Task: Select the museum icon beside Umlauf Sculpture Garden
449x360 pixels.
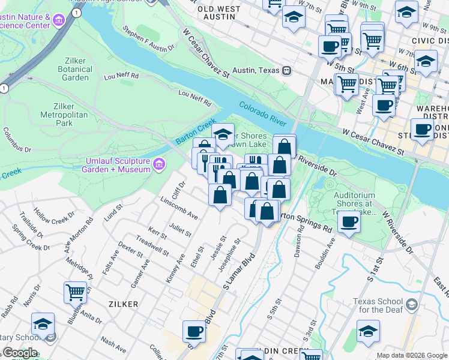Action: [159, 164]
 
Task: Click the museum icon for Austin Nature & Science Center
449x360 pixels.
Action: [59, 22]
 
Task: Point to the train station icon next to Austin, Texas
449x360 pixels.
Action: [287, 70]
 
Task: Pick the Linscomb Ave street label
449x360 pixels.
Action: [179, 207]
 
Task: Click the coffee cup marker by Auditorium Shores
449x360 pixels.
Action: [349, 221]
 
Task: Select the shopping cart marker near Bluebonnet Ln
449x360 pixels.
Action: [75, 292]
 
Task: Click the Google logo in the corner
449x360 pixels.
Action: [19, 353]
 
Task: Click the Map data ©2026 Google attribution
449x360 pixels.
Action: [411, 355]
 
